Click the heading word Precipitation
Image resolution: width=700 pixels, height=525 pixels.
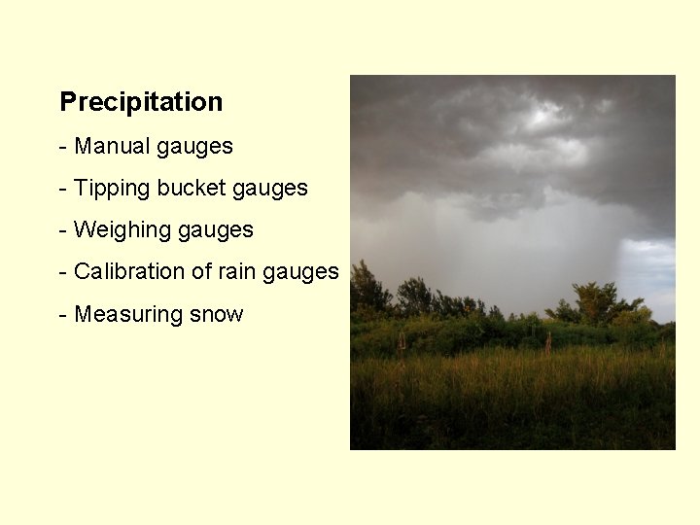point(141,102)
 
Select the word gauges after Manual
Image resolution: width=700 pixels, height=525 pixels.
point(194,148)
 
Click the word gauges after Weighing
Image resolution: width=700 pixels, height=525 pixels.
point(215,231)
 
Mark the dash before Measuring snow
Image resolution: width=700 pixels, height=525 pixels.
point(63,315)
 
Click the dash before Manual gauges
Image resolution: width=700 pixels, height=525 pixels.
point(63,147)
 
